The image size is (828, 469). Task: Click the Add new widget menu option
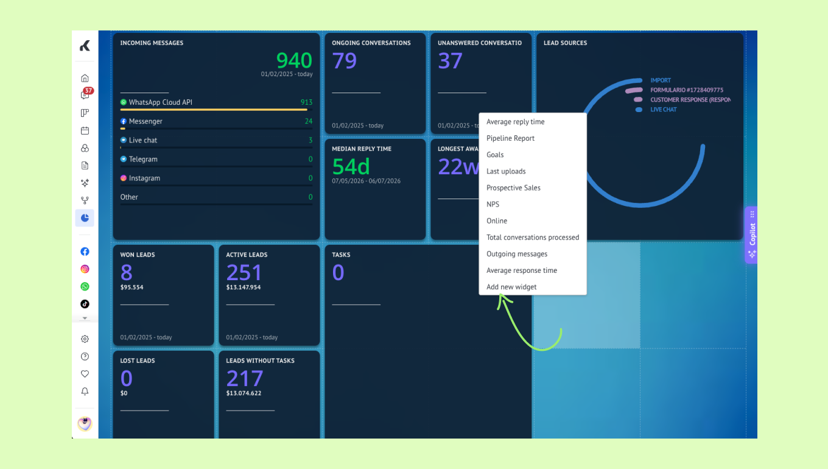point(511,287)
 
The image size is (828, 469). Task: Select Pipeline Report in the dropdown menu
point(510,138)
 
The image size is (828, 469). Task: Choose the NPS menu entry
point(493,204)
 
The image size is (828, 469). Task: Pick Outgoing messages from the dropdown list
point(517,254)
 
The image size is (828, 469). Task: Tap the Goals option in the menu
point(495,155)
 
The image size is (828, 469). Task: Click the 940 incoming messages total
point(294,60)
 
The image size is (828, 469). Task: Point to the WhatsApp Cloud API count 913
point(306,102)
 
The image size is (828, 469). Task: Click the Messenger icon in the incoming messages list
point(124,121)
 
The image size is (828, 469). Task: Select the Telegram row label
point(143,159)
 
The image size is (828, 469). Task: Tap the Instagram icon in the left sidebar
point(85,269)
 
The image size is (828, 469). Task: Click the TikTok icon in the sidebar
point(85,304)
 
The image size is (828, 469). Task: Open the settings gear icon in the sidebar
point(85,339)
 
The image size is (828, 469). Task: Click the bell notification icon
point(85,391)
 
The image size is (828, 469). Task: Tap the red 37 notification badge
point(88,91)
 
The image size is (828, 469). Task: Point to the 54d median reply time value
point(351,166)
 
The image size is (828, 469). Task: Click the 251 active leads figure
point(244,273)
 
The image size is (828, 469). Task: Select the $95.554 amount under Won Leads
point(132,287)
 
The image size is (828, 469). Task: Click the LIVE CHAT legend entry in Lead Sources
point(663,110)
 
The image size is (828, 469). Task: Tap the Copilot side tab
point(751,234)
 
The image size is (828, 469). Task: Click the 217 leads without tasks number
point(245,378)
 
